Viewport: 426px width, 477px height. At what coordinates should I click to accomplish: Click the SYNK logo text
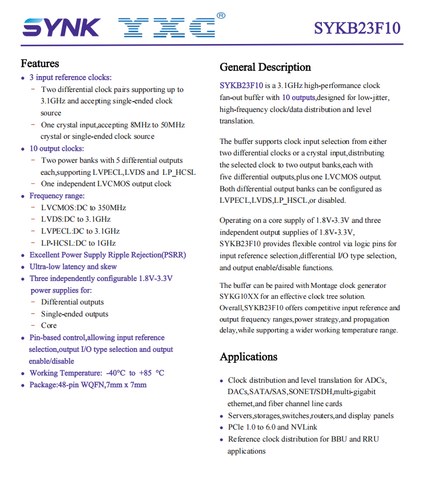tap(61, 27)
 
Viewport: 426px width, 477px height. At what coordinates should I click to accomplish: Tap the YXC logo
tap(166, 27)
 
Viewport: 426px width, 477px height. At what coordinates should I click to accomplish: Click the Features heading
tap(40, 63)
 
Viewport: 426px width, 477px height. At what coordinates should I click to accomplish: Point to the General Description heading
tap(265, 67)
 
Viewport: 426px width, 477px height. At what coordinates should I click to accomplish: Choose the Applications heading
tap(249, 357)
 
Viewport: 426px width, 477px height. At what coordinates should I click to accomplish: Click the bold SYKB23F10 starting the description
tap(237, 86)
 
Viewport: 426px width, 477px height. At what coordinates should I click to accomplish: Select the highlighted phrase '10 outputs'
tap(297, 98)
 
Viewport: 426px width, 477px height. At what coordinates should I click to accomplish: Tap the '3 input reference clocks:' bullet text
tap(70, 77)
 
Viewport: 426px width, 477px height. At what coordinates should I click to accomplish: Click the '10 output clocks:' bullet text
tap(57, 149)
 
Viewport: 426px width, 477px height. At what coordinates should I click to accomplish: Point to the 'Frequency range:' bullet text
tap(57, 196)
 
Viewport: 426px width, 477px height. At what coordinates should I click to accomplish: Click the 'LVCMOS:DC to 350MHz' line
tap(83, 208)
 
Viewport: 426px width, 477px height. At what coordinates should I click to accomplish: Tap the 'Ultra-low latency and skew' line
tap(73, 267)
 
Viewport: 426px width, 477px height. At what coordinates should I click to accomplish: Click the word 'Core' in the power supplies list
tap(49, 326)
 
